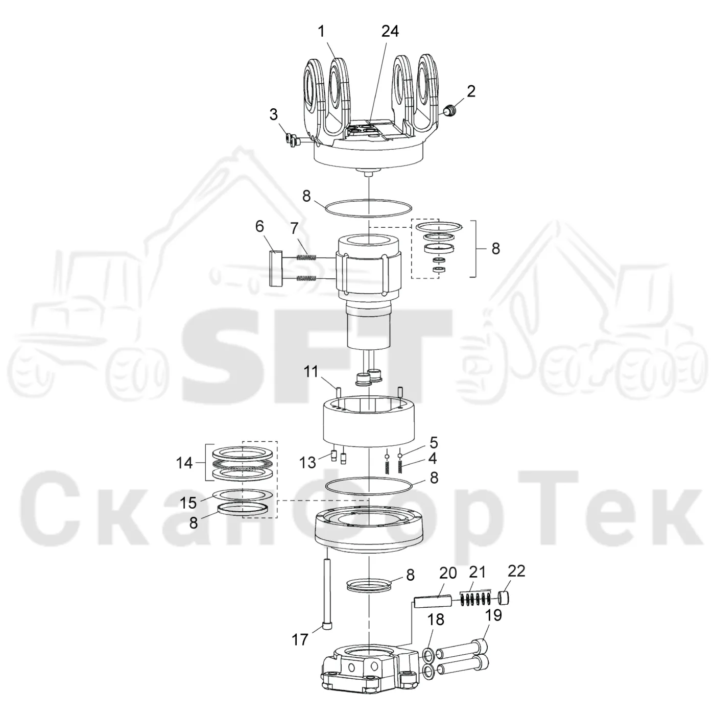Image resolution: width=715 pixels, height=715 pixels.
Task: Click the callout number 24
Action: (x=390, y=32)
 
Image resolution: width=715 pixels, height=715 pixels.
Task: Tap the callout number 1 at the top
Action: (x=321, y=32)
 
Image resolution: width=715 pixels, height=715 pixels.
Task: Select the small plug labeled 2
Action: (x=450, y=111)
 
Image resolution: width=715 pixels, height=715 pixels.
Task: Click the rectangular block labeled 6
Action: (x=275, y=268)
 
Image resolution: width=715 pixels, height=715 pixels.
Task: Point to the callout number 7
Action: (x=294, y=228)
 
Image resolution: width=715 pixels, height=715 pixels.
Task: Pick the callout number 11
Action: (x=311, y=371)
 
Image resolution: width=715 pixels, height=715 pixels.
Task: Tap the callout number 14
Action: (x=184, y=463)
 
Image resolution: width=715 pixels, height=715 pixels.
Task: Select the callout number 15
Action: (x=188, y=503)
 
